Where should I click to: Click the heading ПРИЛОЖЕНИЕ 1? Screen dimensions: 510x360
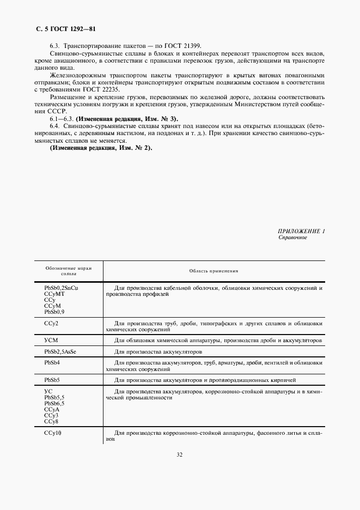[301, 231]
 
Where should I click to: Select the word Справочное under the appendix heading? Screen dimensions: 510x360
[293, 238]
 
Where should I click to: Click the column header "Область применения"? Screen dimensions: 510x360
[213, 271]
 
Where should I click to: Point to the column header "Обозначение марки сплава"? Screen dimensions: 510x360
[69, 271]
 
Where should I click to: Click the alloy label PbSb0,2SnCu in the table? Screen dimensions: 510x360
[65, 287]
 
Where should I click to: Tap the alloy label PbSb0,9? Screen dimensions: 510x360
[55, 312]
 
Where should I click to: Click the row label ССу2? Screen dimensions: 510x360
[51, 324]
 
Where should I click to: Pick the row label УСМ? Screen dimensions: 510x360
[51, 340]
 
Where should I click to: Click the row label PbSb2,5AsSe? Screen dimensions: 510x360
[62, 351]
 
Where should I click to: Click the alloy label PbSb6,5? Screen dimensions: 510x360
[54, 403]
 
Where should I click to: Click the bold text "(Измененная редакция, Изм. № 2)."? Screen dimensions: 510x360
[101, 148]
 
